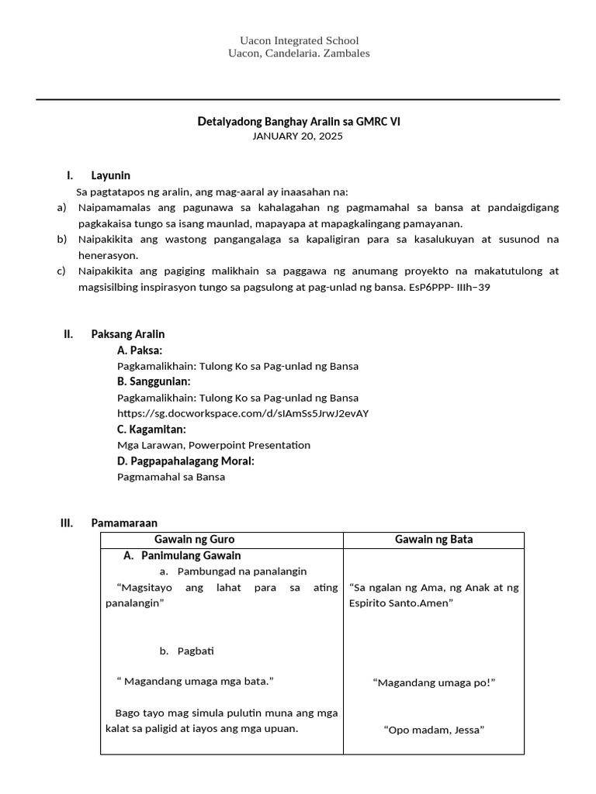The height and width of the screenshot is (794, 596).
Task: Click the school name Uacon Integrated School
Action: (x=299, y=40)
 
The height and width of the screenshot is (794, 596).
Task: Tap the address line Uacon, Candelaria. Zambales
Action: (x=299, y=54)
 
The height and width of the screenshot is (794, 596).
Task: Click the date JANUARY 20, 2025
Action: (x=297, y=136)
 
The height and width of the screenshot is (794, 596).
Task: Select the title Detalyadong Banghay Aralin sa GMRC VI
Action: (x=298, y=122)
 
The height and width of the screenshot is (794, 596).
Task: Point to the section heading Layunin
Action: (x=110, y=175)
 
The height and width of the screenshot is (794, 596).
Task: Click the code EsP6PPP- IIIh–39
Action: (x=449, y=287)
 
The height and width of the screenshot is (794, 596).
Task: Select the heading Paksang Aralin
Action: (x=127, y=334)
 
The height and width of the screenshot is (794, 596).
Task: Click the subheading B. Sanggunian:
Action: (x=154, y=381)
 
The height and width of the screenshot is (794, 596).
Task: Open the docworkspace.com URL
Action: (x=242, y=413)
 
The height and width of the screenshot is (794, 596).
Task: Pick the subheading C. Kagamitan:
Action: (x=151, y=430)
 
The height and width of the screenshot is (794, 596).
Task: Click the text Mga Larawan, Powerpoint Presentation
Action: (x=213, y=445)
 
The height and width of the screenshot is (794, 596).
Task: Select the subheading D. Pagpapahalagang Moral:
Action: (x=185, y=461)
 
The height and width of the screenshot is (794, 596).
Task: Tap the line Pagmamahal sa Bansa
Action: (x=171, y=477)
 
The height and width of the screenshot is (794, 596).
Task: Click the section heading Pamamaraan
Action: (x=124, y=523)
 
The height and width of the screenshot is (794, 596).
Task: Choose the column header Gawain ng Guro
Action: (x=194, y=540)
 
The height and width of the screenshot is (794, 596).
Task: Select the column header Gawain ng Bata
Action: (x=434, y=540)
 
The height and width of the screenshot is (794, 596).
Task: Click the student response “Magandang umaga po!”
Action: (x=434, y=682)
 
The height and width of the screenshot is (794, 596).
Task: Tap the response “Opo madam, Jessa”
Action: (x=434, y=730)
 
